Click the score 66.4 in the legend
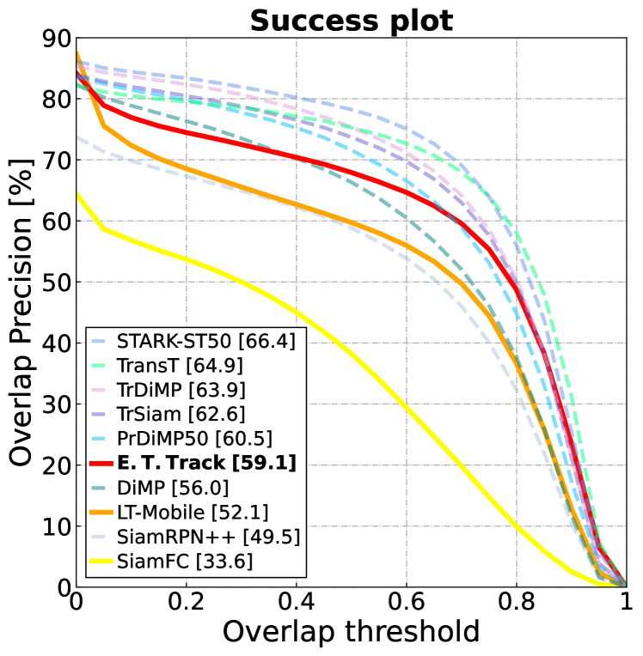tap(266, 341)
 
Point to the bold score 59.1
tap(267, 464)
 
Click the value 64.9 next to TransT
tap(216, 366)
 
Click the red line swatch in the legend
tap(100, 464)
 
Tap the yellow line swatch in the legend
tap(100, 562)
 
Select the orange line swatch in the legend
tap(100, 513)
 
